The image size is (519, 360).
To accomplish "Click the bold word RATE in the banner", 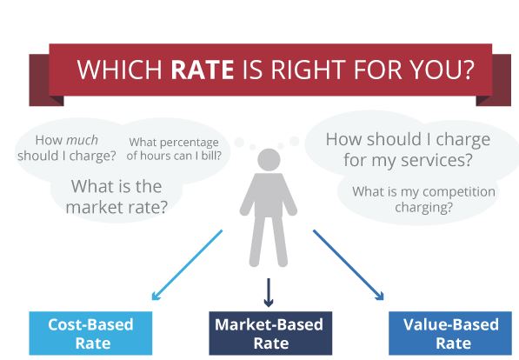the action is (x=203, y=70).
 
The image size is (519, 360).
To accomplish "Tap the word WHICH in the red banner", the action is (x=119, y=70).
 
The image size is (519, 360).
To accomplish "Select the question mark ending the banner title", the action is (x=469, y=70).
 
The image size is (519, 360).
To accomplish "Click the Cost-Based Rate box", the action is (x=90, y=333).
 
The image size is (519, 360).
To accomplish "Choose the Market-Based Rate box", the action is (x=270, y=333).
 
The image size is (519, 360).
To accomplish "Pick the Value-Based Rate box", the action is (x=450, y=333).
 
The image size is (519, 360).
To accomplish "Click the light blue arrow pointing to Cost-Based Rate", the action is (x=187, y=265).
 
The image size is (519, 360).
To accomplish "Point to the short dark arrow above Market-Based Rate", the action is (x=269, y=292).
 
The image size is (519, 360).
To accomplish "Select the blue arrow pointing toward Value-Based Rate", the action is (x=349, y=265).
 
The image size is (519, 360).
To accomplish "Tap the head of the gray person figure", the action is (x=269, y=160).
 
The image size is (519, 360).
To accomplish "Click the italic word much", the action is (x=82, y=140).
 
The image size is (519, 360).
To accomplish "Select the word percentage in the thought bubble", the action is (x=192, y=143).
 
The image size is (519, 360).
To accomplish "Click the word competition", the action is (x=459, y=192).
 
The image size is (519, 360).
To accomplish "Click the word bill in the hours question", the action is (x=211, y=156).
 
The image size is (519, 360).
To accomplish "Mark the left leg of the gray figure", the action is (x=256, y=241).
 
